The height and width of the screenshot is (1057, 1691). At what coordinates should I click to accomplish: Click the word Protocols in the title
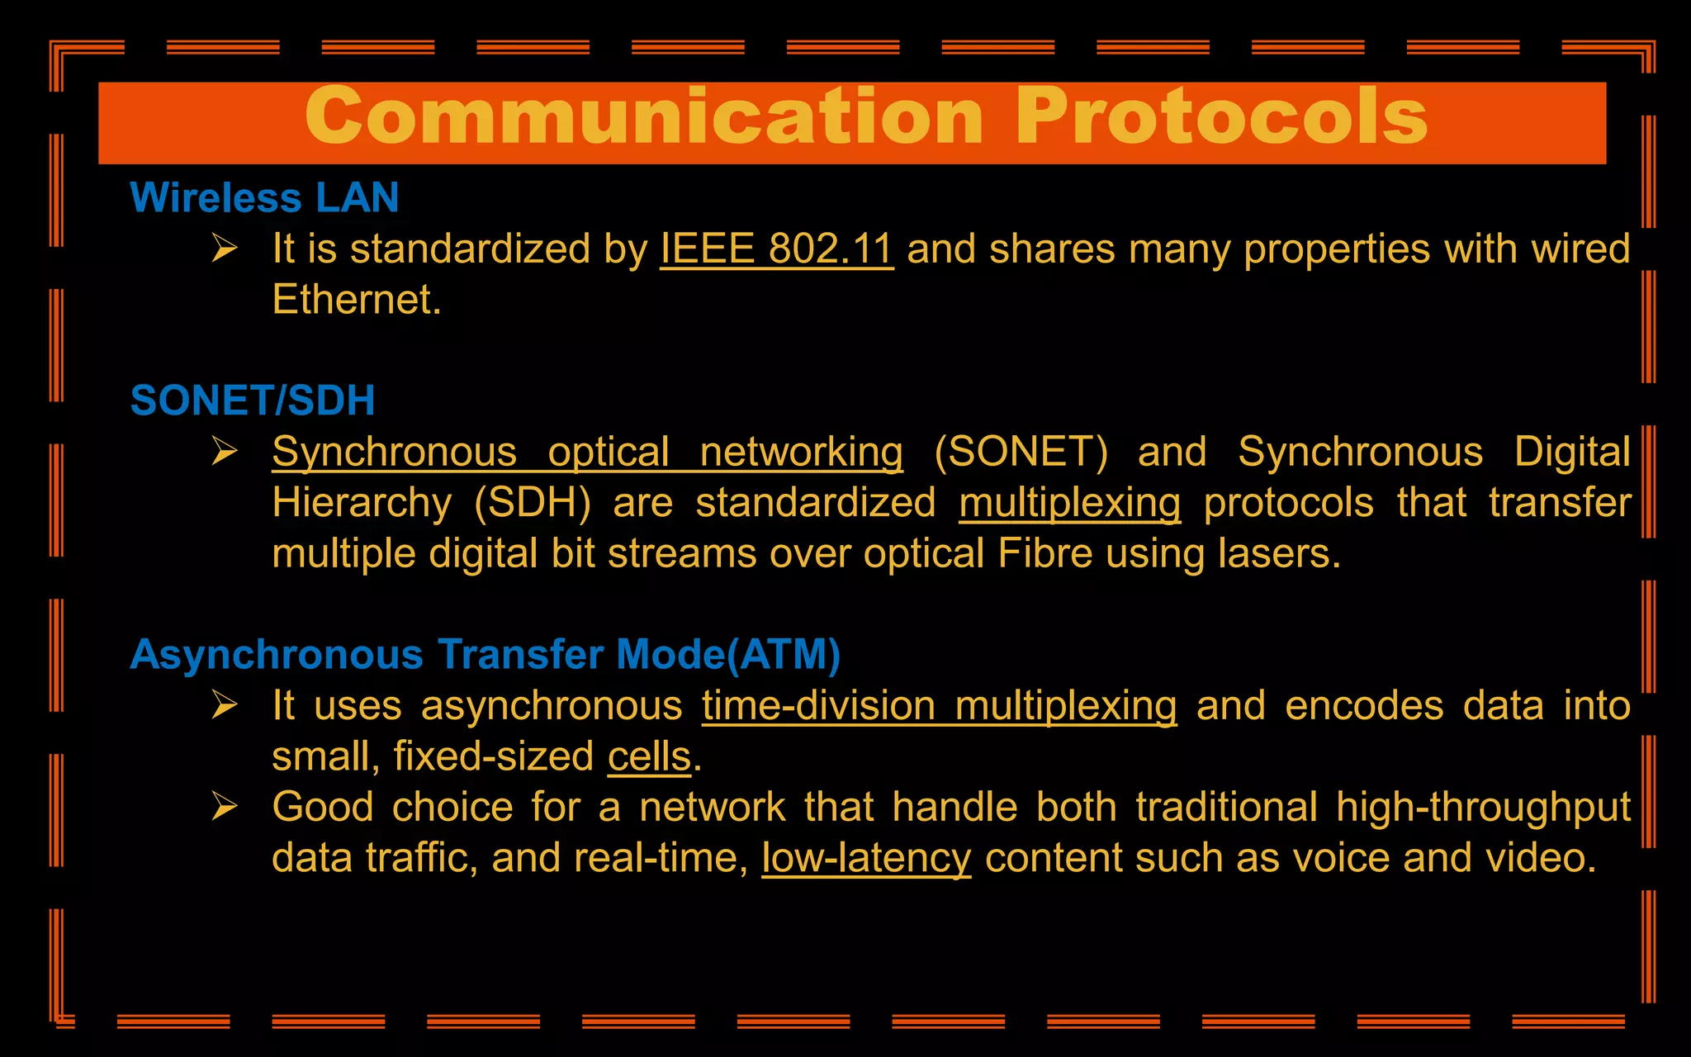[x=1222, y=117]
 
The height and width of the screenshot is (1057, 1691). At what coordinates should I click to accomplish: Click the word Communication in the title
[x=644, y=117]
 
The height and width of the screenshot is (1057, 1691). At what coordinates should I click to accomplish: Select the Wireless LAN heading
[x=264, y=198]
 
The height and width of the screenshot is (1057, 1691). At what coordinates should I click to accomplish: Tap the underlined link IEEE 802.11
[x=776, y=249]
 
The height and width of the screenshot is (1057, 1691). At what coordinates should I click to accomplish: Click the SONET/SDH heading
[x=253, y=401]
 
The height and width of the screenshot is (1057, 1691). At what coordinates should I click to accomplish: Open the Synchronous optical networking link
[x=587, y=453]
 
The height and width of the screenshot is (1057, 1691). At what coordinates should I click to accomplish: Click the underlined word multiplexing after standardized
[x=1069, y=503]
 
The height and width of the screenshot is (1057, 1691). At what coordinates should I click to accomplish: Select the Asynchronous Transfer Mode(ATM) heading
[x=486, y=655]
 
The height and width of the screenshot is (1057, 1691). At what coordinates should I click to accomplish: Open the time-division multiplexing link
[x=939, y=706]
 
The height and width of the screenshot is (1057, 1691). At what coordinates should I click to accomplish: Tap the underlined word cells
[x=649, y=756]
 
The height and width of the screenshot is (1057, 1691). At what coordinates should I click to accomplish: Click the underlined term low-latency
[x=866, y=858]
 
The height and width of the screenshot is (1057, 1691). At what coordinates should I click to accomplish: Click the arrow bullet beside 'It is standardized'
[x=225, y=248]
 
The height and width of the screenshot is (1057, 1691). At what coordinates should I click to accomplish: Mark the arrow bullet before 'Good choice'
[x=225, y=806]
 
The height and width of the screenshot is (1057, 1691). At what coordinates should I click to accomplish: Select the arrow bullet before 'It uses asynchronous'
[x=225, y=704]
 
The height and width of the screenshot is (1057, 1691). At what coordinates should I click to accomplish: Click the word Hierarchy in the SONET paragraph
[x=362, y=503]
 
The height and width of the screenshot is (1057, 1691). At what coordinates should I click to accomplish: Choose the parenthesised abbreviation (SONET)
[x=1021, y=453]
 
